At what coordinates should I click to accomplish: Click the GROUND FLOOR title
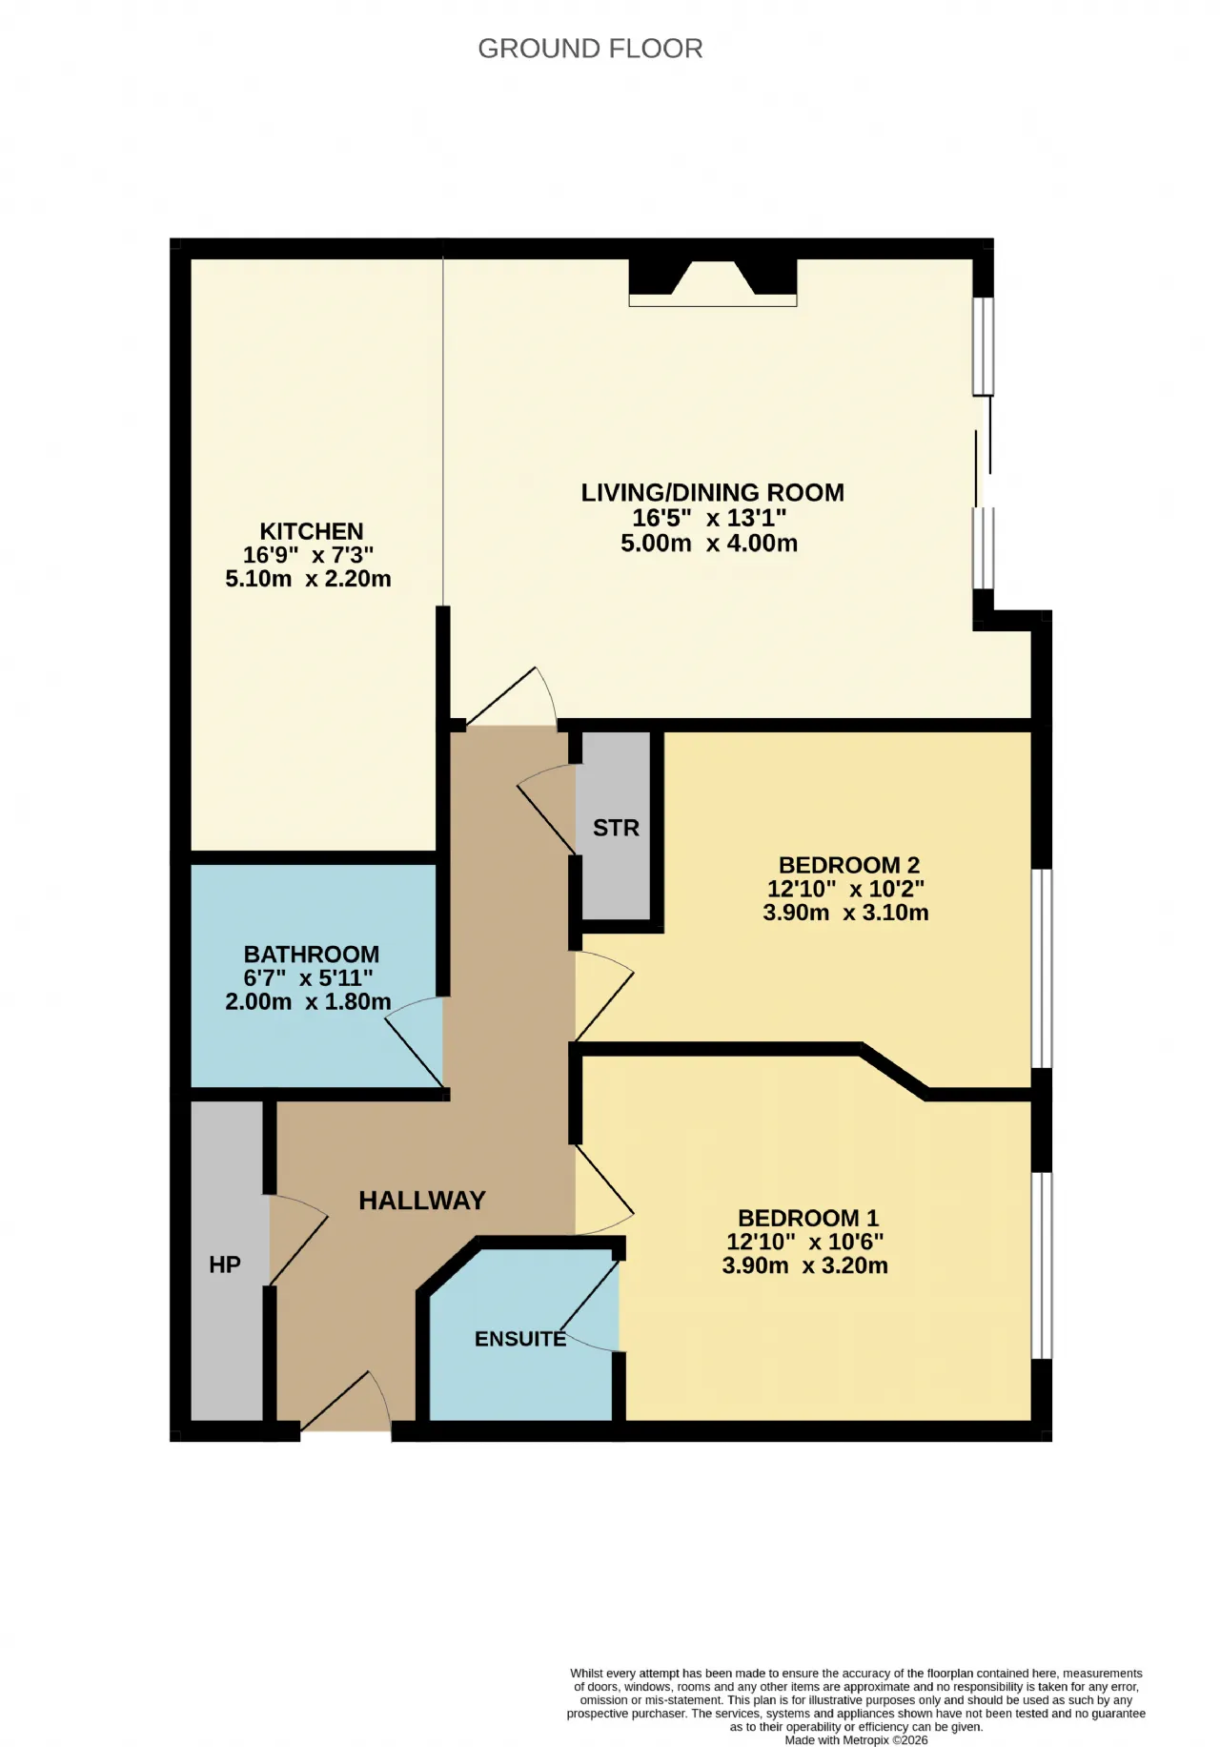[590, 49]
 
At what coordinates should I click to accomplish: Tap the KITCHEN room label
[312, 531]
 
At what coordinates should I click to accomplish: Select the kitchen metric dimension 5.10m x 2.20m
[308, 579]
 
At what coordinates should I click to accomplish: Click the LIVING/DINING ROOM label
[712, 493]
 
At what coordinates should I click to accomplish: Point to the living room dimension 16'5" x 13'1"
[709, 518]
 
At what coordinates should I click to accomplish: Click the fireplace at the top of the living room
[712, 282]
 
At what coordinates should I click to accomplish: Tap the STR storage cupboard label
[616, 828]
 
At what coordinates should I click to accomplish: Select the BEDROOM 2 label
[848, 865]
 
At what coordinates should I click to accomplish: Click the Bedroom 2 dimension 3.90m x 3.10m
[845, 913]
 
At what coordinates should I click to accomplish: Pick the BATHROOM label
[312, 955]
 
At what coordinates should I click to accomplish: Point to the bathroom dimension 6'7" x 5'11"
[308, 978]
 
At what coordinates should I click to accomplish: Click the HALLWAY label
[422, 1201]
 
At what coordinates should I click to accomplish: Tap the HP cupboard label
[225, 1264]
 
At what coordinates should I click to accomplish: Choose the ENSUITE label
[520, 1339]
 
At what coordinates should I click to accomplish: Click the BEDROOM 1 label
[808, 1218]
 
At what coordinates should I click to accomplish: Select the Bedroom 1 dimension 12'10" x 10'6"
[805, 1242]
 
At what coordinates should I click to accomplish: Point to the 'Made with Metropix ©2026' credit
[856, 1739]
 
